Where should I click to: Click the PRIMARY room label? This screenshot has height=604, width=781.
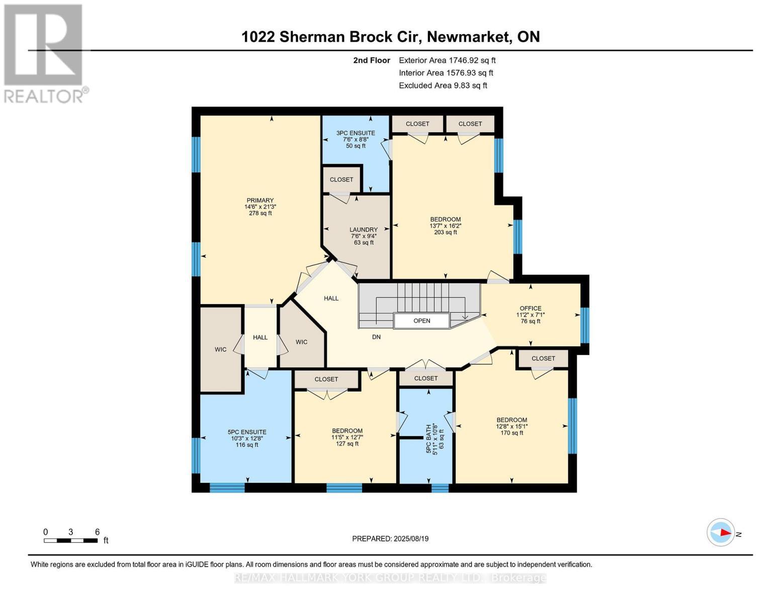coord(260,200)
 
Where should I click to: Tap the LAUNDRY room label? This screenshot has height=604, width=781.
coord(363,230)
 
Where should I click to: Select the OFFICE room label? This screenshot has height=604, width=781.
coord(530,309)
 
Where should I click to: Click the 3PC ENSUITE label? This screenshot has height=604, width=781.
coord(355,133)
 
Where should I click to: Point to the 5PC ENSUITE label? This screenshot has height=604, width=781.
coord(246,432)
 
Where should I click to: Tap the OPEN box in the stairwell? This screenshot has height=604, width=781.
coord(421,321)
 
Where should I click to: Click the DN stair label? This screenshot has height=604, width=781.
coord(376,337)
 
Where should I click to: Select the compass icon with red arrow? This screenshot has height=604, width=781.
coord(721,533)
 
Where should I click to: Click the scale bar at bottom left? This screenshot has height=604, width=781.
coord(70,541)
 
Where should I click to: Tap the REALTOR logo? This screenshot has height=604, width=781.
coord(44,53)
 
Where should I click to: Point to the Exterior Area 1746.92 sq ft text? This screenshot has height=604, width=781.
coord(447,60)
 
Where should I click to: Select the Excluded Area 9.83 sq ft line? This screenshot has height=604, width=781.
coord(443,86)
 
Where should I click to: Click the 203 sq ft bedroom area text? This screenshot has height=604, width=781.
coord(445,233)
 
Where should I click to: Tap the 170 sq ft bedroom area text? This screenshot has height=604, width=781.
coord(511,433)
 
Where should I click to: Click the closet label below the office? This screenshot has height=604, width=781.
coord(543,358)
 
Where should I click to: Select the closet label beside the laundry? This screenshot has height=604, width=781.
coord(341,180)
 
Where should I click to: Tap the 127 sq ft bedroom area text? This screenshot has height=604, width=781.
coord(347,444)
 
